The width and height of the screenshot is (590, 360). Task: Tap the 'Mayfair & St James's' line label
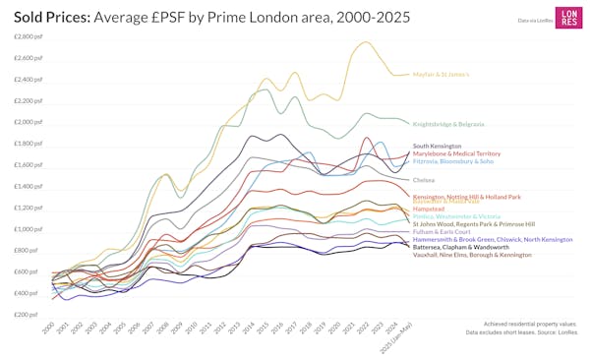click(x=441, y=75)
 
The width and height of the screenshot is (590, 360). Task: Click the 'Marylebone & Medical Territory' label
click(x=456, y=153)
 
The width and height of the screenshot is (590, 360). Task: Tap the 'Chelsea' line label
click(x=424, y=180)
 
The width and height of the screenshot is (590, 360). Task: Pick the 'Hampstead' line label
click(x=429, y=209)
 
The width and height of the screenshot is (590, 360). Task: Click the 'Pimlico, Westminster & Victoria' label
click(x=457, y=216)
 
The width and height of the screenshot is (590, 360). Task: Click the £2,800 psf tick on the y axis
click(x=28, y=36)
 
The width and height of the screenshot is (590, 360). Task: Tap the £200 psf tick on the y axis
click(x=28, y=315)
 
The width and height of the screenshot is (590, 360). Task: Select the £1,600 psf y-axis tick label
click(x=28, y=164)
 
